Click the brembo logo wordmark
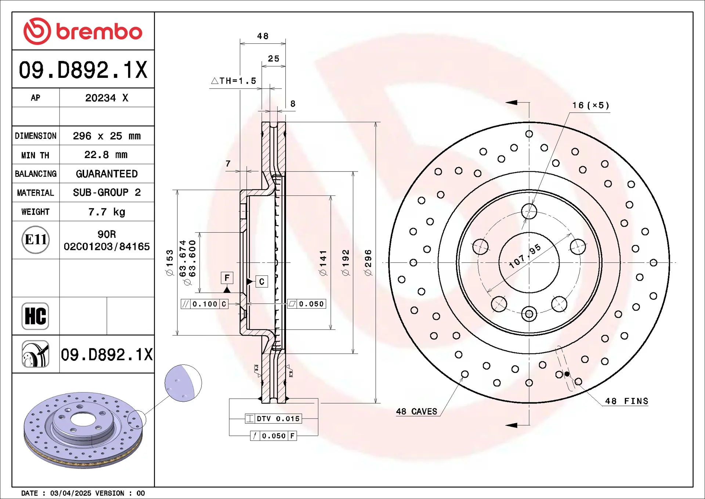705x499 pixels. click(x=99, y=32)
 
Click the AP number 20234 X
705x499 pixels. click(x=106, y=98)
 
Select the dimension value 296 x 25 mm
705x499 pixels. click(x=106, y=136)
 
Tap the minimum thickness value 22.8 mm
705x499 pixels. click(x=106, y=155)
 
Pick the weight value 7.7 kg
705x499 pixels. click(x=106, y=212)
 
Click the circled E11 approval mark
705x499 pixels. click(x=36, y=240)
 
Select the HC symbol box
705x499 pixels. click(x=35, y=316)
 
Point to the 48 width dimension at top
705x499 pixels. click(x=263, y=36)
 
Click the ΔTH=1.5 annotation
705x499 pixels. click(x=234, y=81)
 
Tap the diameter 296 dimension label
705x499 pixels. click(x=368, y=263)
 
